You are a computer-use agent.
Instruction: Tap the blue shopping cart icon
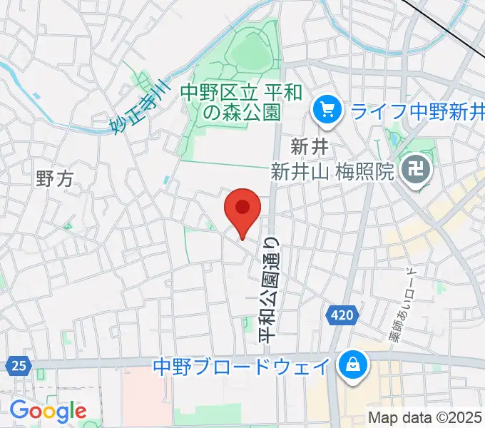[x=327, y=110]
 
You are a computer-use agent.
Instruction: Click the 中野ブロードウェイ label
[x=242, y=367]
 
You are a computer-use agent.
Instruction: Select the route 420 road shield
[x=341, y=315]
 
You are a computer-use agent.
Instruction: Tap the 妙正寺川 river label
[x=138, y=109]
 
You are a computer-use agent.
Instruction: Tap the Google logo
[x=48, y=411]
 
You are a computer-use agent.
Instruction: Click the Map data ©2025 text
[x=425, y=418]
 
